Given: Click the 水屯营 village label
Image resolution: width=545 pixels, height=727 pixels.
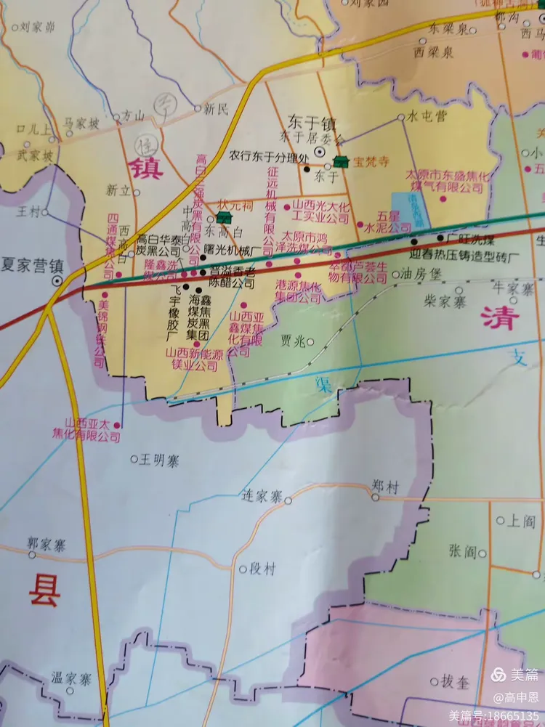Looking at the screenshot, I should pos(427,115).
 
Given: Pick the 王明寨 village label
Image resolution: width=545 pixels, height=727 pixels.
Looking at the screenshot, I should pos(159,459).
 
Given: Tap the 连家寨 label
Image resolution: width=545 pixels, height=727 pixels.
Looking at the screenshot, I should pos(261,497).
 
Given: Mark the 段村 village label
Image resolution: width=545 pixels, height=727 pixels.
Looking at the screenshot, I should pos(262,569).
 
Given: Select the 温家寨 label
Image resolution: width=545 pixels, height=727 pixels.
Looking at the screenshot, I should pos(70,679).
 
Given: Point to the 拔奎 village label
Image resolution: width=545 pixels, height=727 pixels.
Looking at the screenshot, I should pos(456,681).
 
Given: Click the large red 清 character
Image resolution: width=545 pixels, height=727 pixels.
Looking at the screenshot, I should pos(498,317).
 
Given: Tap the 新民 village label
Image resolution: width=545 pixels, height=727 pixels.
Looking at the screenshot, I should pos(216,109).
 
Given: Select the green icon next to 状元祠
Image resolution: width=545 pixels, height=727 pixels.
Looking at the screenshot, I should pos(224,217).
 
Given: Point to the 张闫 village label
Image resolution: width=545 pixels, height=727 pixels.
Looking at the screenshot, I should pos(461,553).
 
